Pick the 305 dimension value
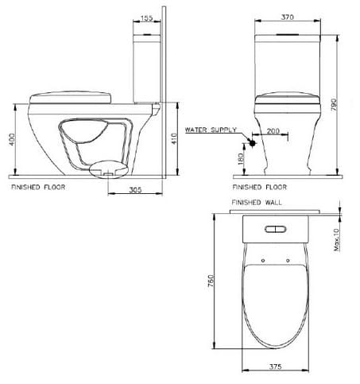(135, 190)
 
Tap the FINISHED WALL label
(257, 203)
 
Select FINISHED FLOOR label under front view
(260, 188)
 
